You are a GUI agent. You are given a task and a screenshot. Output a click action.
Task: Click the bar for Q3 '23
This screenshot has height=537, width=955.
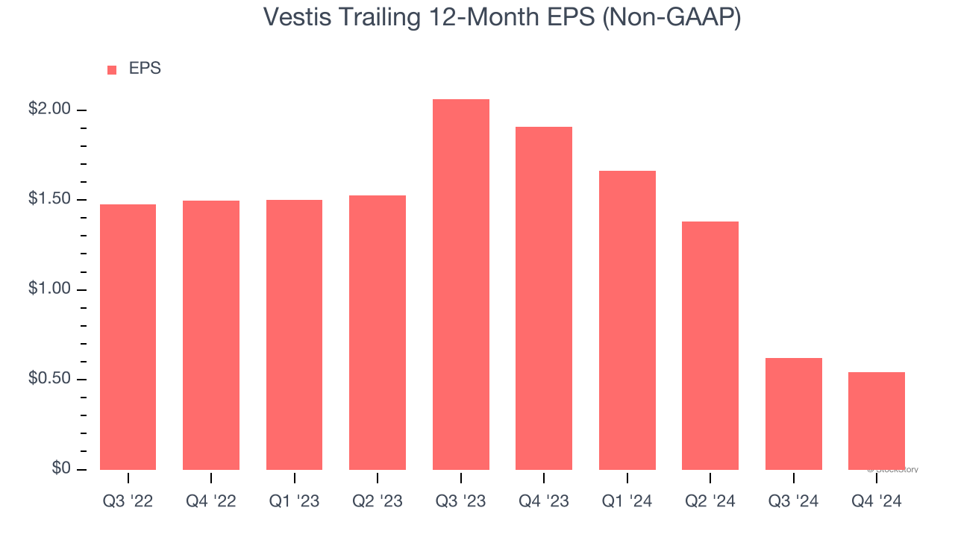(460, 284)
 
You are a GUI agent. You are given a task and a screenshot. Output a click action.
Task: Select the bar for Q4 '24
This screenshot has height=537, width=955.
(877, 421)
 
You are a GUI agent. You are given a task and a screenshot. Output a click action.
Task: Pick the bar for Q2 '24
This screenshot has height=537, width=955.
(710, 345)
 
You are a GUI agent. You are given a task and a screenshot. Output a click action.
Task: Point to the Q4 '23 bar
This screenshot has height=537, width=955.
(544, 298)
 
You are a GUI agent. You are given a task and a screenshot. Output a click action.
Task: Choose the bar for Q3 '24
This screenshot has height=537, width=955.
(794, 414)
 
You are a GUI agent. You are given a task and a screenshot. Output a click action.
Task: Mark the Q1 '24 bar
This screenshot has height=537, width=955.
(627, 320)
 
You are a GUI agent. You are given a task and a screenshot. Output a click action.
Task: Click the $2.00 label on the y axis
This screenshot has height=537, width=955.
(49, 110)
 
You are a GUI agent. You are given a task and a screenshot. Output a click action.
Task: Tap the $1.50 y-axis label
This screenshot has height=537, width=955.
(49, 200)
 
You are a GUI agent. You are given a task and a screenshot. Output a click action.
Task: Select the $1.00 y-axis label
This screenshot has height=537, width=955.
(49, 289)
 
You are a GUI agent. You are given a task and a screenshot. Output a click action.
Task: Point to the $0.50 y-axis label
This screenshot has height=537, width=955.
(49, 380)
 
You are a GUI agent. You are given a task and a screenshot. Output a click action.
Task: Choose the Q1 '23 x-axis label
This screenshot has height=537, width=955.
(294, 502)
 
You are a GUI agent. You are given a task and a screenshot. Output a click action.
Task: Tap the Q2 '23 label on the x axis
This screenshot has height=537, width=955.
(378, 502)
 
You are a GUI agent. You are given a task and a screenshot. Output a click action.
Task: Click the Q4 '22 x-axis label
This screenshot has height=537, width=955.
(211, 502)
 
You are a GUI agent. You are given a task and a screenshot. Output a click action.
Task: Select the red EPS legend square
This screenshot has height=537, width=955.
(112, 69)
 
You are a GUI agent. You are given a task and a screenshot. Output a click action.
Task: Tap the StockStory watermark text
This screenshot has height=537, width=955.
(893, 470)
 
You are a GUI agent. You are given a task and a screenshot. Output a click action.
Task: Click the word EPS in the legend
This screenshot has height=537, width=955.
(145, 69)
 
